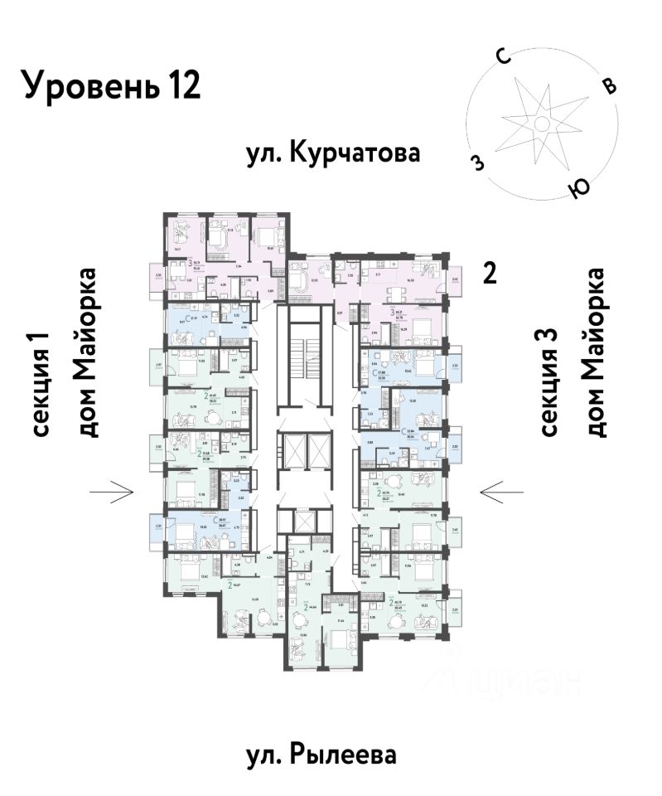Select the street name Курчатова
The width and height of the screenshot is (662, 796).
(x=355, y=154)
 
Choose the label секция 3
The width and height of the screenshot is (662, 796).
(x=551, y=381)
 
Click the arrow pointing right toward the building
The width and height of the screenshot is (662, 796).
(x=112, y=493)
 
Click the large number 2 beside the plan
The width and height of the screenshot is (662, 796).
(x=490, y=274)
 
